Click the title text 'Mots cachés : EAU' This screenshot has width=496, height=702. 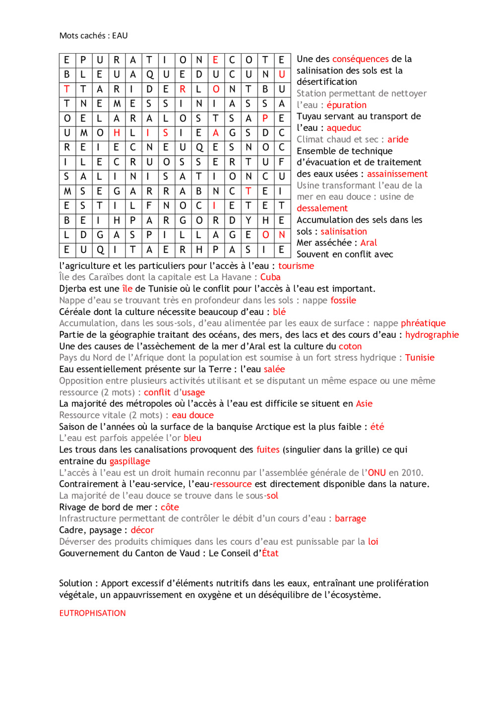[x=93, y=36]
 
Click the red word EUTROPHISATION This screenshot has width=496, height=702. [x=92, y=613]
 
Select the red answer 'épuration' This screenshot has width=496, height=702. [x=346, y=105]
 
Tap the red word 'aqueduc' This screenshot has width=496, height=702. [x=344, y=128]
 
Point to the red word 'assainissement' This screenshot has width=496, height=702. [x=397, y=174]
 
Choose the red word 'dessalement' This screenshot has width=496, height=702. [x=322, y=208]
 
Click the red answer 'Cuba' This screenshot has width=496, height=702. [x=270, y=277]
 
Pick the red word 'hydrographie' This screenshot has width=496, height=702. [x=432, y=335]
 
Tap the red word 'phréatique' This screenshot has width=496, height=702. [x=423, y=323]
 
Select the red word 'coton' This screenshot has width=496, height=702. [x=350, y=346]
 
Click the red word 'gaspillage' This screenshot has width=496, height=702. [x=129, y=461]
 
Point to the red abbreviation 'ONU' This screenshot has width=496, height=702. [x=376, y=473]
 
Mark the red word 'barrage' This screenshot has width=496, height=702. [x=350, y=518]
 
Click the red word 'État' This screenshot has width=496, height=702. [x=270, y=553]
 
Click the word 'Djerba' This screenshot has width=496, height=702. [x=74, y=289]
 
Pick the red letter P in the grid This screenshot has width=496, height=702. [x=265, y=118]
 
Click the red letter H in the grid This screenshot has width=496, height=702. [x=117, y=133]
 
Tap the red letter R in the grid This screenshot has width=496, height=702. [x=183, y=89]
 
